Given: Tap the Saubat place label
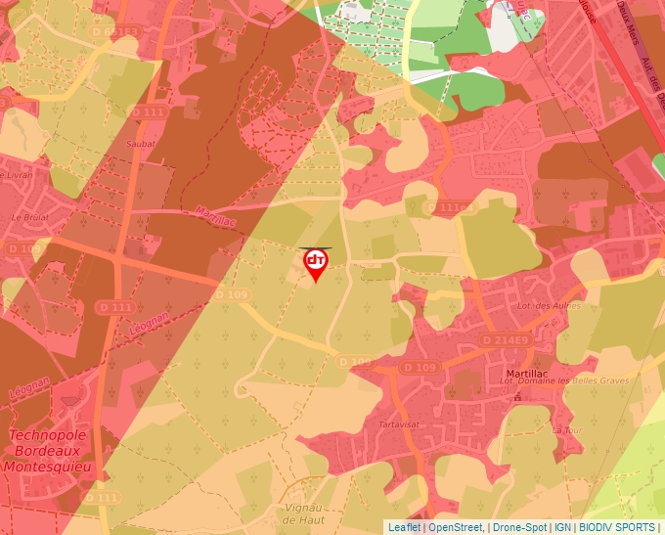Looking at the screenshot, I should tap(142, 143).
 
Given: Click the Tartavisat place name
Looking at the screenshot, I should tap(399, 425).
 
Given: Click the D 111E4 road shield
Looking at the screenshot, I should tap(452, 208).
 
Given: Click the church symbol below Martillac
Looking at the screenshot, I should tap(517, 398).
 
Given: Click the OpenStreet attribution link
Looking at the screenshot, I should tap(455, 527).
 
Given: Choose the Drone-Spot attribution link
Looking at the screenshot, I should tap(518, 527).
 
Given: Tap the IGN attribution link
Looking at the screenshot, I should tap(562, 527).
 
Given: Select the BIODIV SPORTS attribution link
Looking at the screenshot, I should tap(617, 527).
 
